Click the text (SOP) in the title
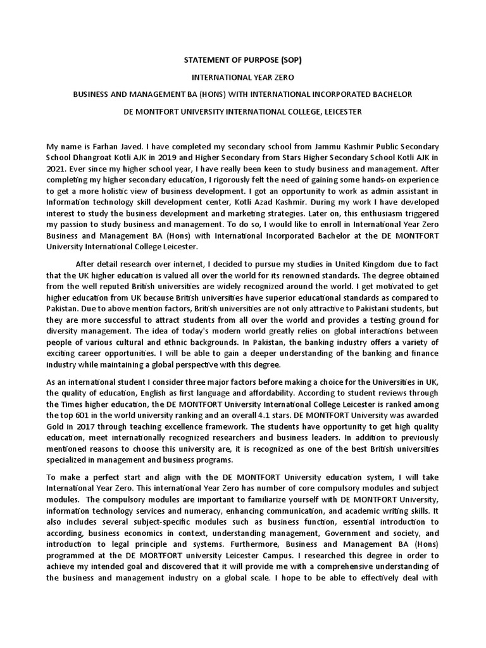tap(289, 60)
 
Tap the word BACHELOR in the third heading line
tap(391, 94)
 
